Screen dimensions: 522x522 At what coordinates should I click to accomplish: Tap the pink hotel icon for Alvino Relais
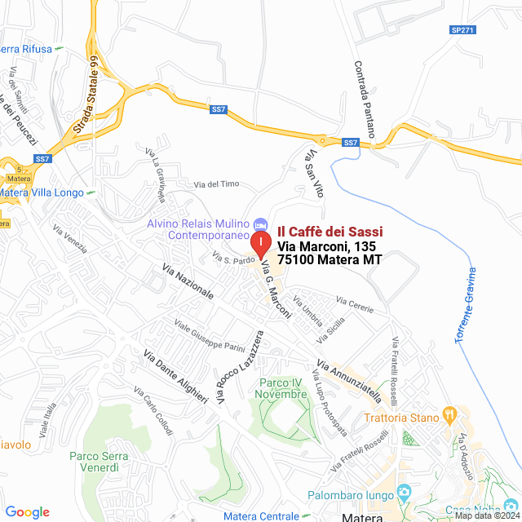click(x=260, y=223)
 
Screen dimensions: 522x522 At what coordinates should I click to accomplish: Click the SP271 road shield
click(x=462, y=29)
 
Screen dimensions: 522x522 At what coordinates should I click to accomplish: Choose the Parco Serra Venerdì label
click(x=105, y=462)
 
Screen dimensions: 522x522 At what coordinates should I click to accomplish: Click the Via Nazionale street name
click(x=188, y=281)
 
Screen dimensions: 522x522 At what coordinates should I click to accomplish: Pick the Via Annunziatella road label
click(x=349, y=383)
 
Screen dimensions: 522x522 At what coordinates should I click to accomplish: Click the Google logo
click(x=27, y=512)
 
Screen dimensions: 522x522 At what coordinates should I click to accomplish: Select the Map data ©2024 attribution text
click(x=486, y=515)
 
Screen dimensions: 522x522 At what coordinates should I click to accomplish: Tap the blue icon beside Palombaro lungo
click(x=403, y=493)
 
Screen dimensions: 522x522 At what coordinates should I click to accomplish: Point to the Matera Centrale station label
click(x=261, y=515)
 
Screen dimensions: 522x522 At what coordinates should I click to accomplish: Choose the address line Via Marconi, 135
click(x=324, y=246)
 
